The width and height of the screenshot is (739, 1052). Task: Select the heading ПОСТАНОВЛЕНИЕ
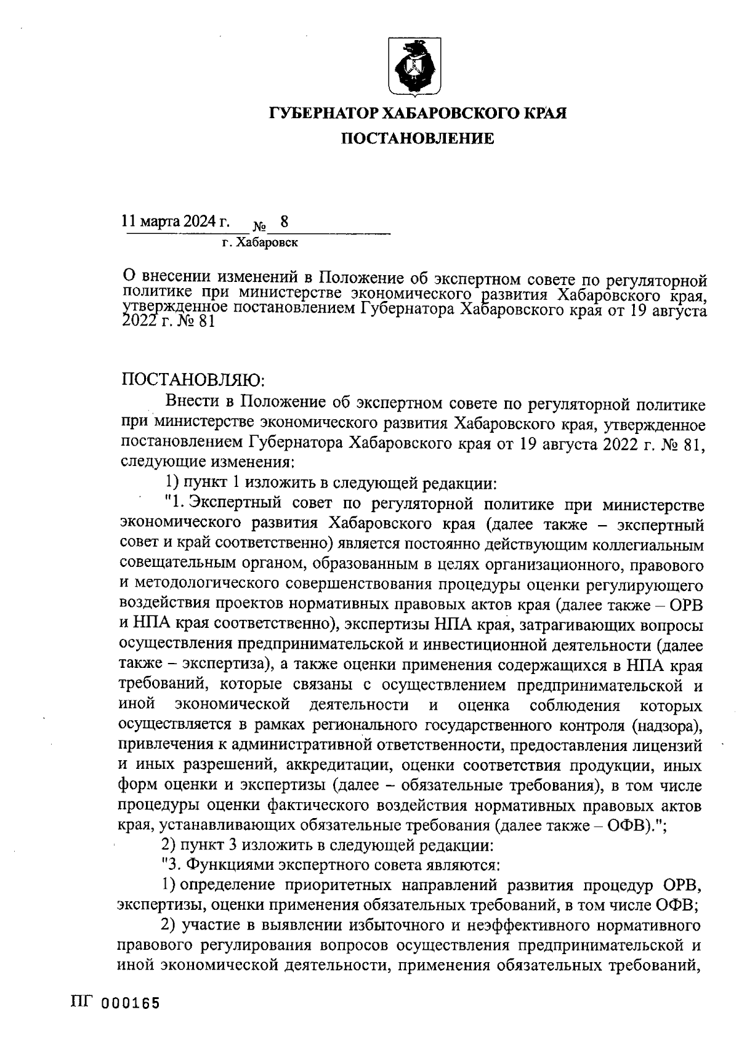pos(418,139)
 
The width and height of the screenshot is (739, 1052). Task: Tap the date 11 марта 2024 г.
pos(176,222)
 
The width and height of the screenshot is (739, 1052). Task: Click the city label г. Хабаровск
pos(259,243)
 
